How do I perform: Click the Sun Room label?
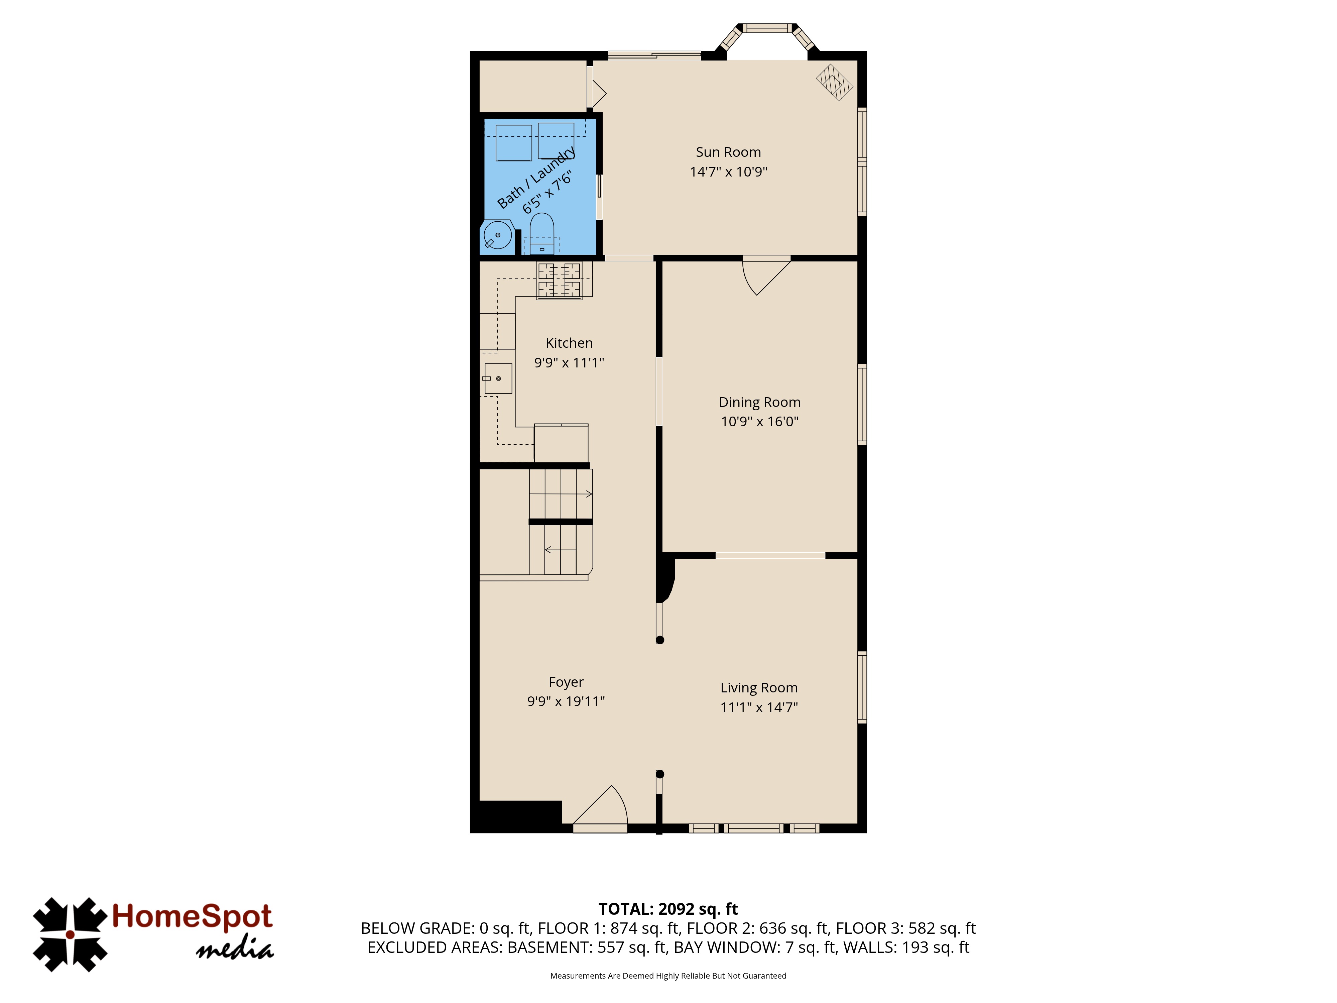(728, 152)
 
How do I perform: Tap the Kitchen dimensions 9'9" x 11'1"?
(569, 363)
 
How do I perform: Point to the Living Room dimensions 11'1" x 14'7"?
(759, 707)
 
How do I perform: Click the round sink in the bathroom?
(497, 236)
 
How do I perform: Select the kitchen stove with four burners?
(559, 281)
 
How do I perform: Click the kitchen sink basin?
(498, 378)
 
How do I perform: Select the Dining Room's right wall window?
(862, 405)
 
